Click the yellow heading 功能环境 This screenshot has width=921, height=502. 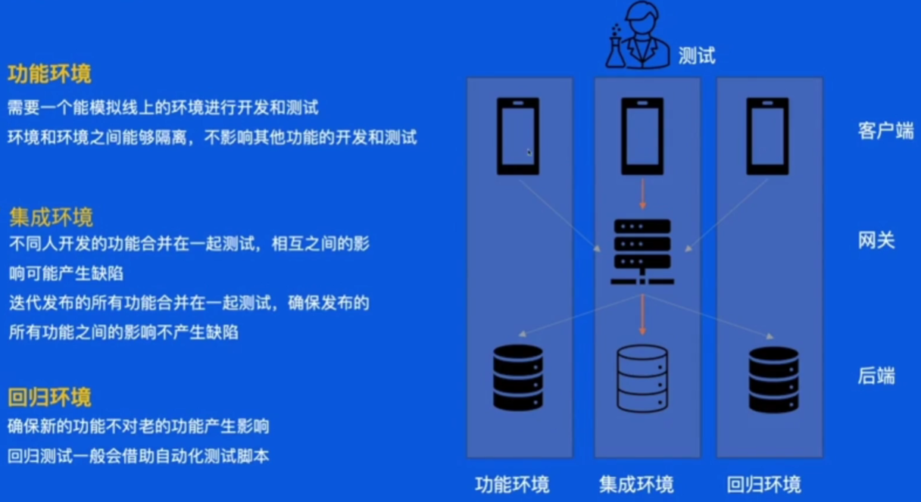pyautogui.click(x=49, y=74)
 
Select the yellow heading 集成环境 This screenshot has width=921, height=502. pyautogui.click(x=51, y=218)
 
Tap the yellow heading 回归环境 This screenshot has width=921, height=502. pyautogui.click(x=49, y=398)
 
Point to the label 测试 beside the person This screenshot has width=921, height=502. pyautogui.click(x=696, y=55)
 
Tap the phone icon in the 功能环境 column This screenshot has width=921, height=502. pyautogui.click(x=518, y=136)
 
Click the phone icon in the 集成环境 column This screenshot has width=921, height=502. pyautogui.click(x=642, y=136)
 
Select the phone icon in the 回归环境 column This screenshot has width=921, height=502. pyautogui.click(x=767, y=136)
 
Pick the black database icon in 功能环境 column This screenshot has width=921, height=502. pyautogui.click(x=518, y=377)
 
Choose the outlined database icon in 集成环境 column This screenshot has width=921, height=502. pyautogui.click(x=642, y=377)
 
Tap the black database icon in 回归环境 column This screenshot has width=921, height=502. pyautogui.click(x=773, y=379)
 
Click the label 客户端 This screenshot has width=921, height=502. pyautogui.click(x=885, y=130)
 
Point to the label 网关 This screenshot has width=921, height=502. pyautogui.click(x=876, y=241)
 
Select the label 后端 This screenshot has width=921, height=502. pyautogui.click(x=876, y=376)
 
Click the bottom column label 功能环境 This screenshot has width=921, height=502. pyautogui.click(x=512, y=485)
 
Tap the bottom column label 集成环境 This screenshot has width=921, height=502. pyautogui.click(x=636, y=485)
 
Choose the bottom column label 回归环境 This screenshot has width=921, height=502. pyautogui.click(x=763, y=485)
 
